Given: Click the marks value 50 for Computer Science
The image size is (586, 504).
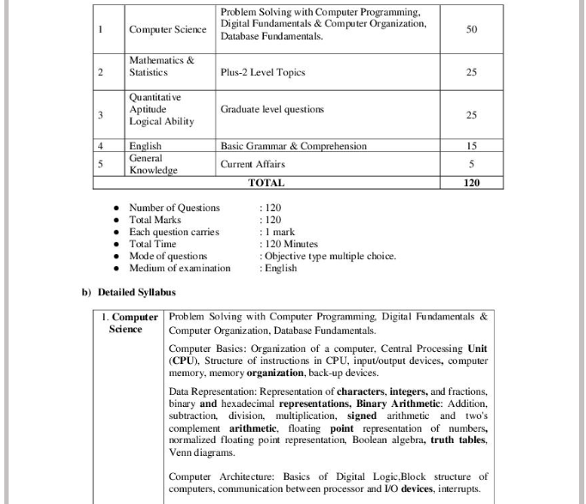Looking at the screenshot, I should point(471,29).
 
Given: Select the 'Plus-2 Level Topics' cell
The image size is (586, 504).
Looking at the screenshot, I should point(262,72).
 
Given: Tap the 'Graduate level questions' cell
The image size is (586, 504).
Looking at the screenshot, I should point(272,110).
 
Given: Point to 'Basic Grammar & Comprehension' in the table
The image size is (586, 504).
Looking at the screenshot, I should point(293,147).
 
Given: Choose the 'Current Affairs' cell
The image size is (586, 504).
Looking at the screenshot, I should point(253,164).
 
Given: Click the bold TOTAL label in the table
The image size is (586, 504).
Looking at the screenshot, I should point(266,183).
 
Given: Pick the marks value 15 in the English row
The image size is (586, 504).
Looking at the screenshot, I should point(471,147).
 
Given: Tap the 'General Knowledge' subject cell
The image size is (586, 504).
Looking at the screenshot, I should point(153,165).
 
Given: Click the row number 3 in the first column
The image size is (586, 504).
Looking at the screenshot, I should point(101,115).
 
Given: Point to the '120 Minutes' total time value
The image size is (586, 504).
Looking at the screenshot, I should point(291,244).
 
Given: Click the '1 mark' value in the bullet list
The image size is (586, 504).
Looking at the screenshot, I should point(280,232).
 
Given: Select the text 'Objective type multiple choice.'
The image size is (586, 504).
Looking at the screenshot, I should point(331,256).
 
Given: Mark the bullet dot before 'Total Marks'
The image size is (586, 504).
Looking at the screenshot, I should point(116,221).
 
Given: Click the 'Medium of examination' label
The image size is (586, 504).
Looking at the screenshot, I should point(180,268).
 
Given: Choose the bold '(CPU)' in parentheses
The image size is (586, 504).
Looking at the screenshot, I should point(186,361).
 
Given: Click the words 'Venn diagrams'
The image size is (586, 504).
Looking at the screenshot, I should point(199,452).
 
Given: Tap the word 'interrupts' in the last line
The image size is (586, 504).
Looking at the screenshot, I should point(459,489).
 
